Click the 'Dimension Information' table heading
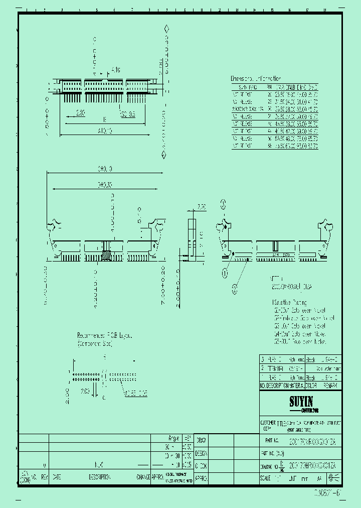255,79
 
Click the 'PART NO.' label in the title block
269,440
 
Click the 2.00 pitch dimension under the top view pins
80,113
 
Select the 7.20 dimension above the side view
202,207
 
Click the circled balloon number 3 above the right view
224,203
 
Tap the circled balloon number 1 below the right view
225,273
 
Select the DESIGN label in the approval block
201,453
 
